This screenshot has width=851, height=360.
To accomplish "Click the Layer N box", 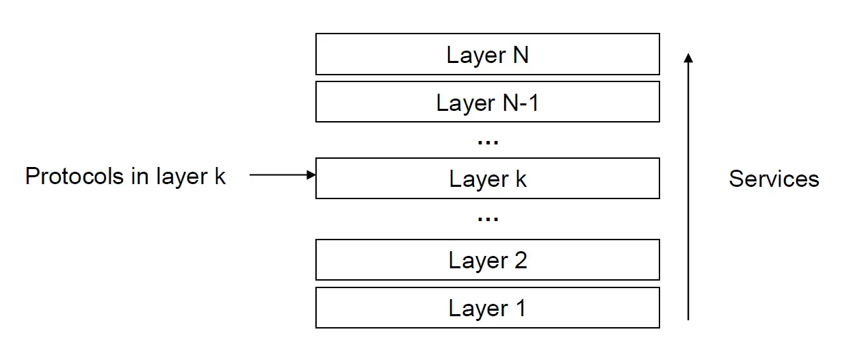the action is [x=488, y=54].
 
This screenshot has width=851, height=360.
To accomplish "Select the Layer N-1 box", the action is [x=488, y=101].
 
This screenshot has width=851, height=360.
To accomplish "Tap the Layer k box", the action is [x=488, y=179].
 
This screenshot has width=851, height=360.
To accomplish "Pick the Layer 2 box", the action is [x=488, y=259].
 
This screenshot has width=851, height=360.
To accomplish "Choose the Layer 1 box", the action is [x=488, y=307].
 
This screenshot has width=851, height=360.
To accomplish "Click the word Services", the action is [x=774, y=179].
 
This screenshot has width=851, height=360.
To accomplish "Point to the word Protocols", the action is [x=75, y=177].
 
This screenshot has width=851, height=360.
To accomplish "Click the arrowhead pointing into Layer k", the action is [x=311, y=175].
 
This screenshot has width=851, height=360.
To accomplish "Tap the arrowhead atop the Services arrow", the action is [x=688, y=57].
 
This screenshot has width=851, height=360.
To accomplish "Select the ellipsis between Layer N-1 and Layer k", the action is [x=488, y=142].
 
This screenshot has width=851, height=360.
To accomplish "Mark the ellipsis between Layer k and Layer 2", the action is [x=488, y=219].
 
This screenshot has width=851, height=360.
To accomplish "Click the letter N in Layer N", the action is [x=521, y=55].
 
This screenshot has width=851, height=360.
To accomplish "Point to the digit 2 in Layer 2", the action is [x=521, y=260].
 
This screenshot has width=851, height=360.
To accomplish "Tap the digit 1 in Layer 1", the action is [x=521, y=307].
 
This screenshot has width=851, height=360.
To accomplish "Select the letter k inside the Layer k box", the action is [x=521, y=179].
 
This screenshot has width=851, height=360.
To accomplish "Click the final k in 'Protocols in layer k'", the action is [x=220, y=176].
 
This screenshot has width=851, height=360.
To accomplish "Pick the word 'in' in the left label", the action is [x=140, y=177].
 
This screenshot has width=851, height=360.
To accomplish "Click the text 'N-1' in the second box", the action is [x=521, y=103].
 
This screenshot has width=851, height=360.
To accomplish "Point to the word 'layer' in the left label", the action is [x=182, y=179].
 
